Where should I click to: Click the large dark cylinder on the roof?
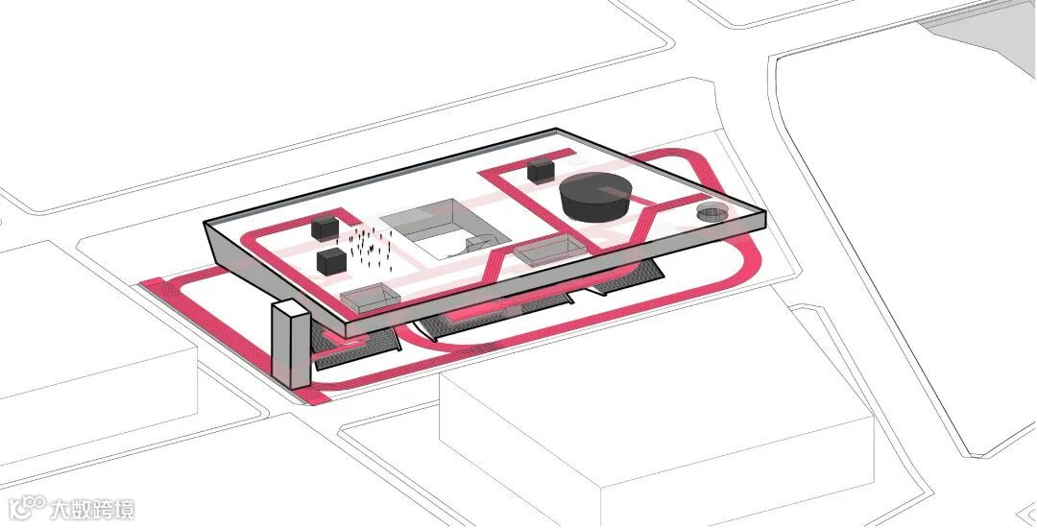594,197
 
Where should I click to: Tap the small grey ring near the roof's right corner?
712,213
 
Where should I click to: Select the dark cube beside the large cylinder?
541,171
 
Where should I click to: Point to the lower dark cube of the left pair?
331,261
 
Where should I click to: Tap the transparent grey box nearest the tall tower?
369,299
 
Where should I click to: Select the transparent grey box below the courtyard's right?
542,252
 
